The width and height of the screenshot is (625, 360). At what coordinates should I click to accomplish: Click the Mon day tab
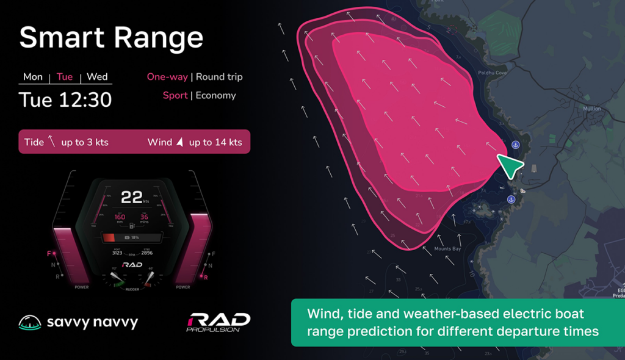click(33, 77)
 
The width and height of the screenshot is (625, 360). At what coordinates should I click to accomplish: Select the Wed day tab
click(97, 77)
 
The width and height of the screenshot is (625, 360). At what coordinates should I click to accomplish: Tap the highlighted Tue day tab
click(65, 77)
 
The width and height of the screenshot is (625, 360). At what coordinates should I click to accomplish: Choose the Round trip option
click(219, 77)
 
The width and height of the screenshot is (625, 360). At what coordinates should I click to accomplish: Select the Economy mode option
click(215, 95)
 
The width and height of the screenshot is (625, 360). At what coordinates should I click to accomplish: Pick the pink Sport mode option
click(175, 95)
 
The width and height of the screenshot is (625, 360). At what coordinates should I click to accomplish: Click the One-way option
click(167, 77)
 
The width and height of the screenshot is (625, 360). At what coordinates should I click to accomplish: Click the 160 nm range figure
click(120, 218)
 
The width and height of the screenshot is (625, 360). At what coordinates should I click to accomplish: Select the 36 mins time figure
click(145, 218)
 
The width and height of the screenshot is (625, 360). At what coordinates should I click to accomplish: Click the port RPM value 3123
click(117, 253)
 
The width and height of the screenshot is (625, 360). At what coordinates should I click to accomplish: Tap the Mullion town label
click(591, 109)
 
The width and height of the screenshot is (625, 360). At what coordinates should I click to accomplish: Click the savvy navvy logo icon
click(30, 322)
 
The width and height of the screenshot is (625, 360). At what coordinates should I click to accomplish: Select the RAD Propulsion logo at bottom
click(218, 322)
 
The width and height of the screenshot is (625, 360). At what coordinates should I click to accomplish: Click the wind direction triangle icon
click(179, 142)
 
